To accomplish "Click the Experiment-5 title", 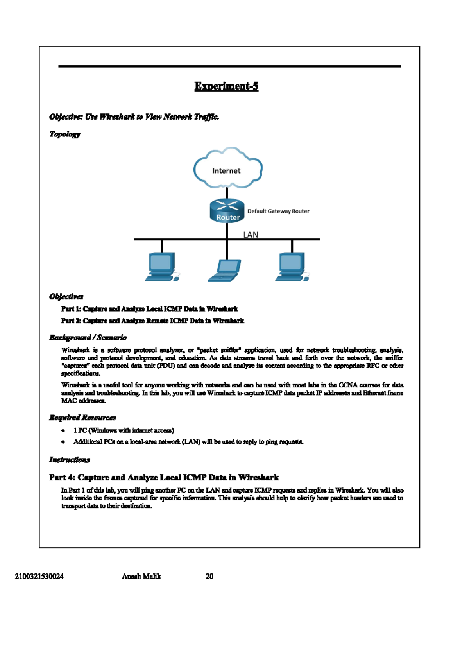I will point(226,86).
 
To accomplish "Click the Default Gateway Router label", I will point(278,211).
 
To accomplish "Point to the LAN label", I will point(251,235).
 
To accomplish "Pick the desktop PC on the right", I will point(292,267).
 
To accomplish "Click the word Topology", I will point(65,134).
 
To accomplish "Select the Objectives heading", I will point(66,296).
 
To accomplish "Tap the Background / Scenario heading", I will point(88,337).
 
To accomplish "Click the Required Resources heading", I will point(82,418).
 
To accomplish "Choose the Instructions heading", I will point(69,460).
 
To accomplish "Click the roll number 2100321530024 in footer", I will point(39,576).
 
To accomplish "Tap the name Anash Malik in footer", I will point(141,576).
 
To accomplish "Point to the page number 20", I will point(209,576).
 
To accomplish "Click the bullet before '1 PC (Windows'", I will point(63,430).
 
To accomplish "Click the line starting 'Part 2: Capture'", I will point(152,321).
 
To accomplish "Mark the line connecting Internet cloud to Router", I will point(227,193).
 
